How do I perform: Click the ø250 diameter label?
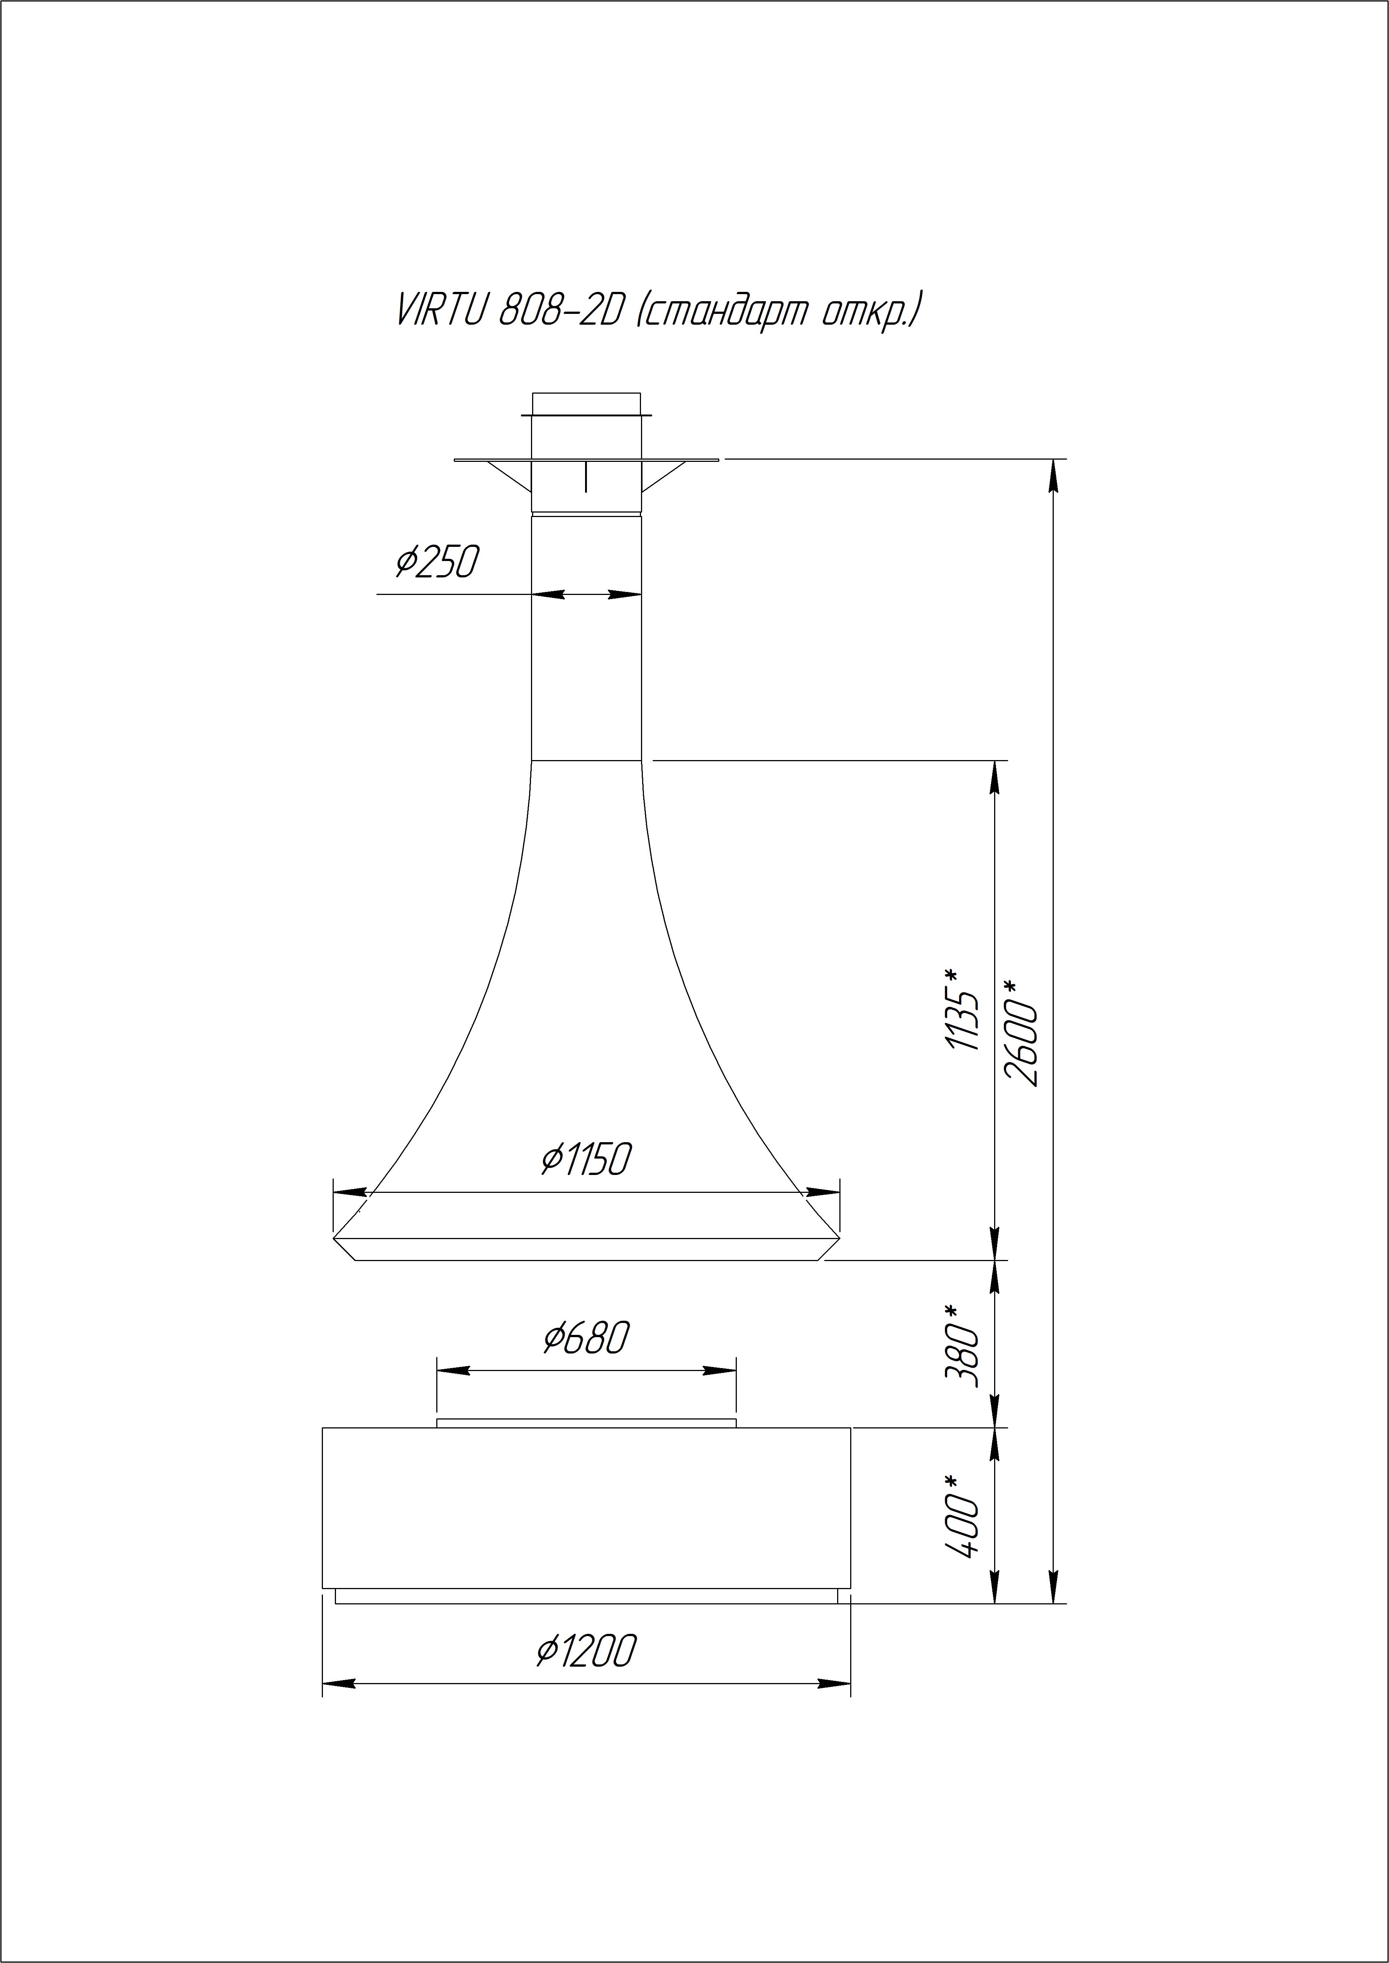(x=436, y=562)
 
